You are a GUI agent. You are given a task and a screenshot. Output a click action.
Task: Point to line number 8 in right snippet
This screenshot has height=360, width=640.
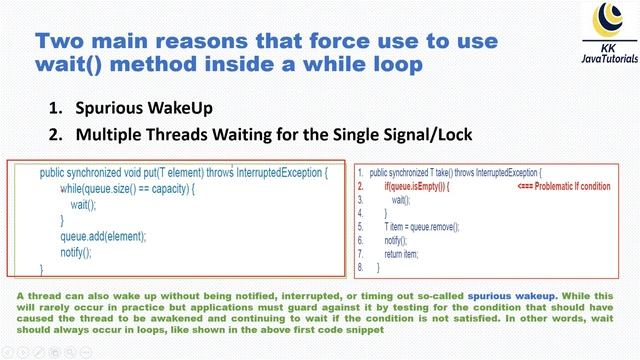[360, 268]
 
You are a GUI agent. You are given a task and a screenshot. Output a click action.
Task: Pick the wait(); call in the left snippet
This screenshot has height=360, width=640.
[83, 204]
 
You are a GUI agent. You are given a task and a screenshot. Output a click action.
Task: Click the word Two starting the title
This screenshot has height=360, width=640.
[62, 41]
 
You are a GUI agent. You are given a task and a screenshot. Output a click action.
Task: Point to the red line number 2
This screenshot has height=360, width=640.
[360, 186]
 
